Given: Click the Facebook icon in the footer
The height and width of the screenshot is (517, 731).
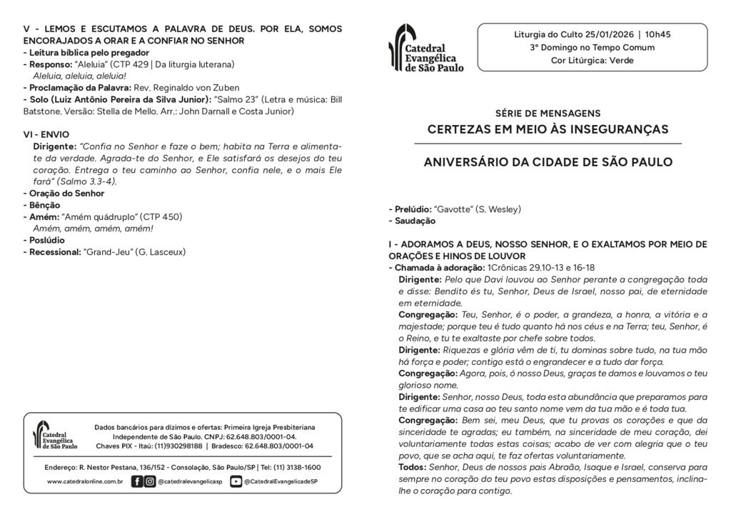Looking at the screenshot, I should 137,481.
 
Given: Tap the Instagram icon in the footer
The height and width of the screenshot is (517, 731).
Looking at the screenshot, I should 149,481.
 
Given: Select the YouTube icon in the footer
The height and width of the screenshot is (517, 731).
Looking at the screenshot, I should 236,481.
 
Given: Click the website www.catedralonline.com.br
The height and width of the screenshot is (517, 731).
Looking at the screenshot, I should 85,482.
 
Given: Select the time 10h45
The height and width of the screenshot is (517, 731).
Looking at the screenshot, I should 657,34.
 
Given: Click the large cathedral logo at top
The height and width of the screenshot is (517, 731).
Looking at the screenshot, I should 425,48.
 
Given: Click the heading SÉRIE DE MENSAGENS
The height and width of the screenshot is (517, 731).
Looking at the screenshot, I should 548,114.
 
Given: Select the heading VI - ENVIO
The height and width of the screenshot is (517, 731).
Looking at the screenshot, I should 46,134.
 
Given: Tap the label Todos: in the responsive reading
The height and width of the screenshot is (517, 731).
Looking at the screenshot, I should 413,466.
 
